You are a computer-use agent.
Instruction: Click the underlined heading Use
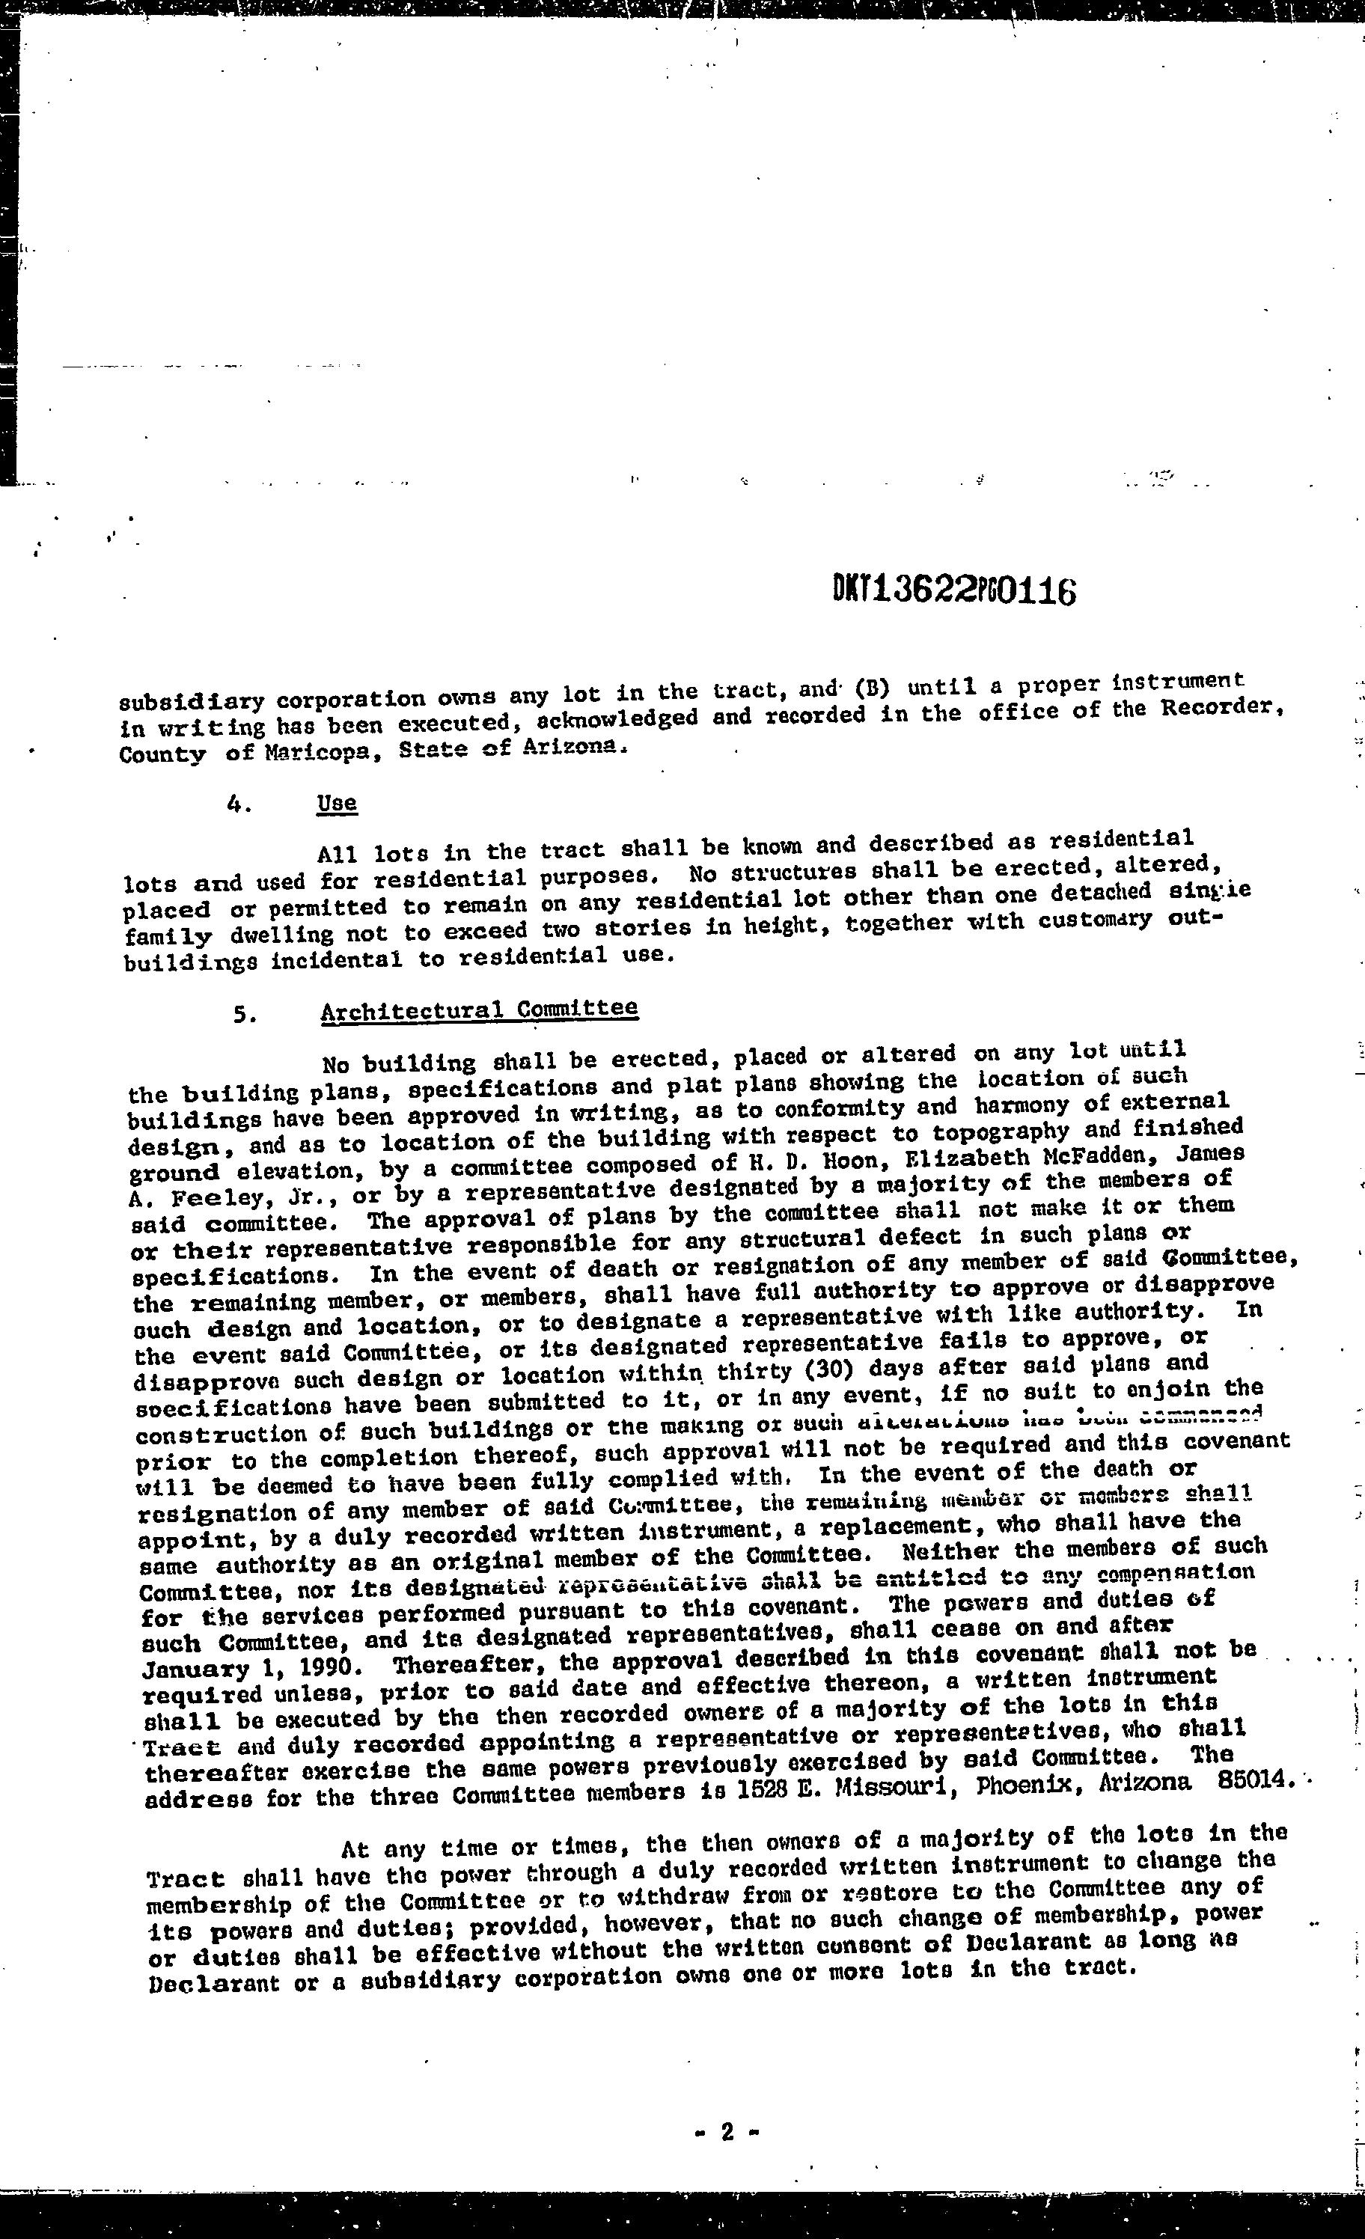pyautogui.click(x=338, y=803)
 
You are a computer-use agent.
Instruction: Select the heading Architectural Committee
pyautogui.click(x=479, y=1010)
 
